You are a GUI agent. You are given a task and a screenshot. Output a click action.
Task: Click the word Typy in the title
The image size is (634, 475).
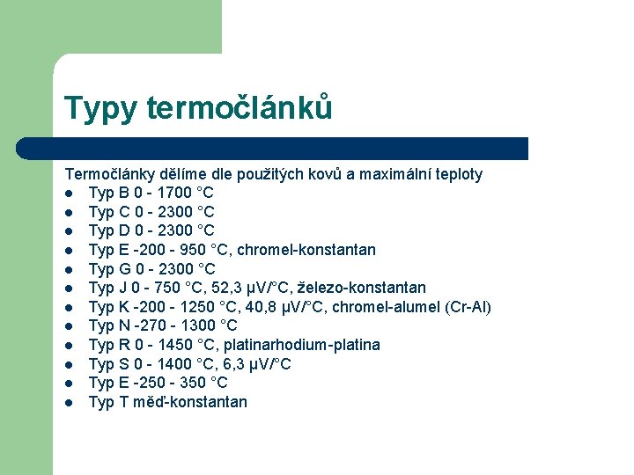(100, 108)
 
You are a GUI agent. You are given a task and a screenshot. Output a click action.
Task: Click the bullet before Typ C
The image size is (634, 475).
(69, 212)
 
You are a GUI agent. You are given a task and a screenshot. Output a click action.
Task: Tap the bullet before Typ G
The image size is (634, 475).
(69, 269)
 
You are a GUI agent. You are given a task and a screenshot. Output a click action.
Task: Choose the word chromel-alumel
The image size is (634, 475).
(376, 307)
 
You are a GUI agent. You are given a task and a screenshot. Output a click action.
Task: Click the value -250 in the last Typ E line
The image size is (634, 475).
(145, 384)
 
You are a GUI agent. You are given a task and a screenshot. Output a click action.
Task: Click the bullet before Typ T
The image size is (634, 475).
(69, 403)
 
